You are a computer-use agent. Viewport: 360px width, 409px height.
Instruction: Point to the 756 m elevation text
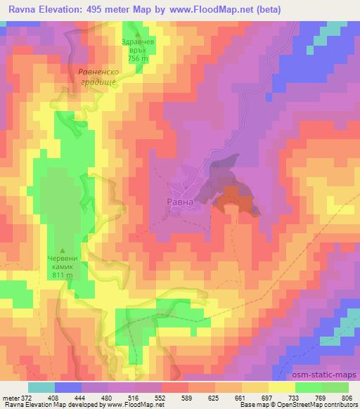[x=138, y=59]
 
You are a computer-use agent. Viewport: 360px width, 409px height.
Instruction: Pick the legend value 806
[x=344, y=398]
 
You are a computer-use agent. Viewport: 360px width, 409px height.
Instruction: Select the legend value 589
[x=186, y=398]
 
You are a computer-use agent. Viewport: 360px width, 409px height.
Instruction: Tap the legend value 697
[x=265, y=398]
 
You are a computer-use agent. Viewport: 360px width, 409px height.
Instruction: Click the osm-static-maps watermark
[x=329, y=375]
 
